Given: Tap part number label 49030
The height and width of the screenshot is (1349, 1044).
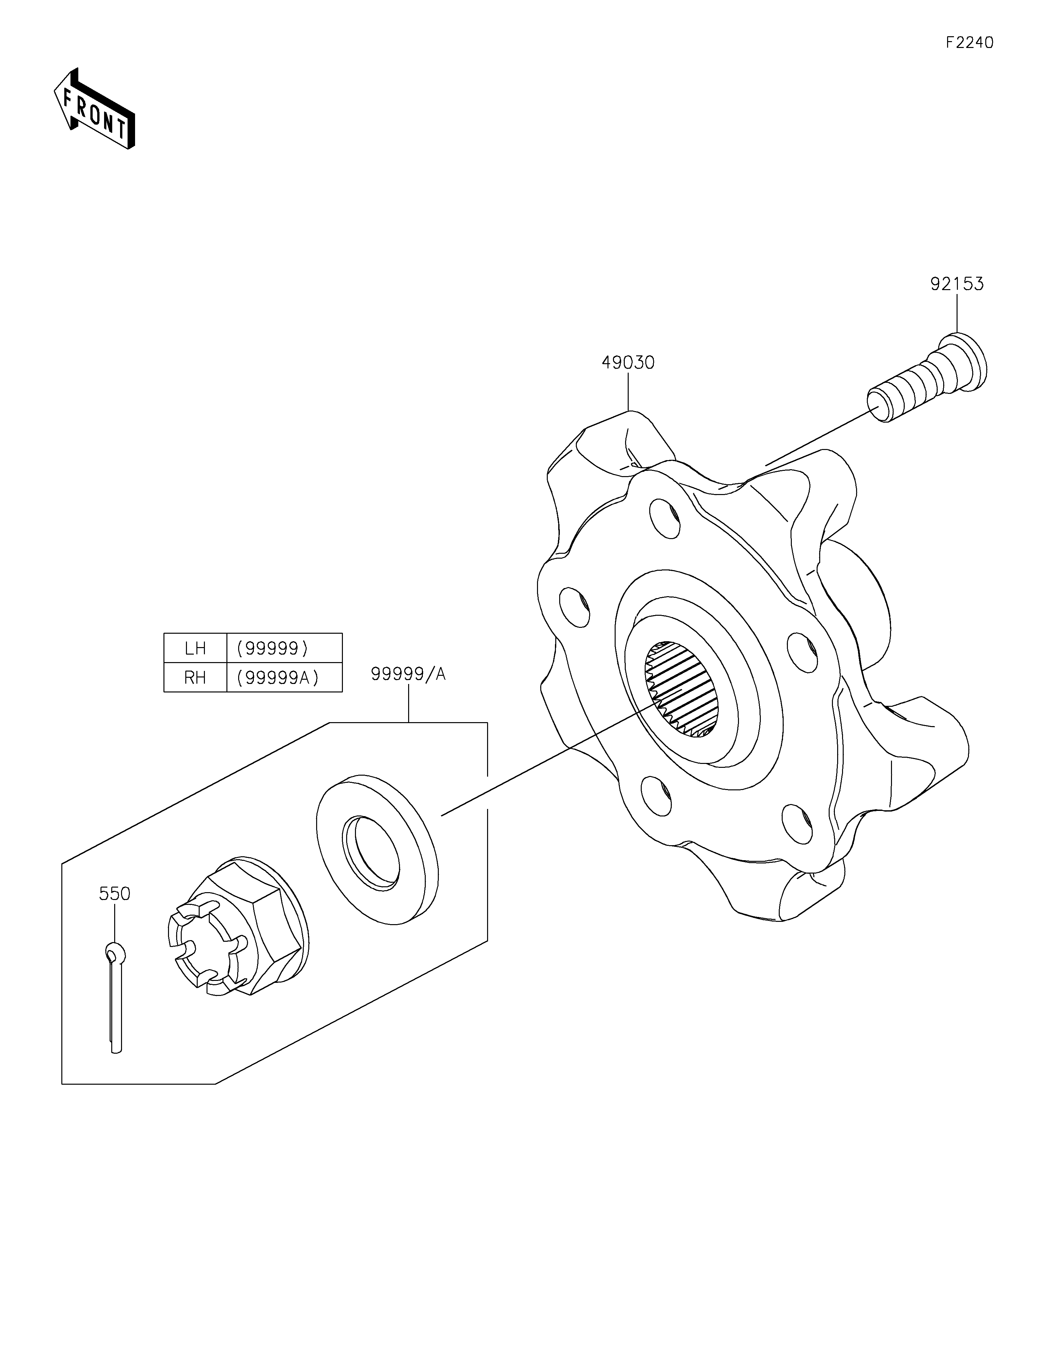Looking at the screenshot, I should click(x=628, y=363).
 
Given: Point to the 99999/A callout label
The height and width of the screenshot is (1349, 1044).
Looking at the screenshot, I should click(x=408, y=674).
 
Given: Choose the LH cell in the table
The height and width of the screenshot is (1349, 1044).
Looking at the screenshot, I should click(x=195, y=648).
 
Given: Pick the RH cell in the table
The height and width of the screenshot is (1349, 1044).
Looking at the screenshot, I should click(x=195, y=677).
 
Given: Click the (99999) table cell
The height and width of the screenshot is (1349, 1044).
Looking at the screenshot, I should click(x=284, y=648).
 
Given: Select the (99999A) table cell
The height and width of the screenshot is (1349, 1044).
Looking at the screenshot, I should click(x=284, y=677).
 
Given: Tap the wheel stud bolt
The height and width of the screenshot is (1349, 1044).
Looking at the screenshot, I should click(x=926, y=380).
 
